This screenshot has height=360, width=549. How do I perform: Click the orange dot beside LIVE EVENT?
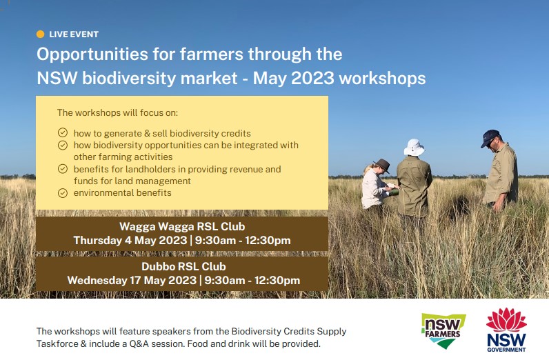tap(40, 34)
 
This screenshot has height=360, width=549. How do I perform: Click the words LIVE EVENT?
tap(74, 34)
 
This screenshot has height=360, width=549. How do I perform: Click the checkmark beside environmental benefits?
tap(62, 192)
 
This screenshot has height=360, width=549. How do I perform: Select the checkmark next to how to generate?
tap(62, 133)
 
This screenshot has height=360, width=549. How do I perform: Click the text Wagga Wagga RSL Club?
tap(182, 226)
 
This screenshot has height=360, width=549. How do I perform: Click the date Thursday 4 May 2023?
tap(130, 241)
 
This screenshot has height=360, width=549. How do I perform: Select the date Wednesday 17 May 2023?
tap(131, 281)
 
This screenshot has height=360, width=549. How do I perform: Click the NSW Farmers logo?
tap(443, 330)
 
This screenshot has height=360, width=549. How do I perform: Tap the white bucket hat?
tap(414, 147)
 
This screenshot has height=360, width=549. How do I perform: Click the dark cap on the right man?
tap(490, 136)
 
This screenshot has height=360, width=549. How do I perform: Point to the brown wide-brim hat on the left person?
tap(381, 165)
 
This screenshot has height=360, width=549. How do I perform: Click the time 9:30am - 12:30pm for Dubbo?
tap(252, 281)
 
